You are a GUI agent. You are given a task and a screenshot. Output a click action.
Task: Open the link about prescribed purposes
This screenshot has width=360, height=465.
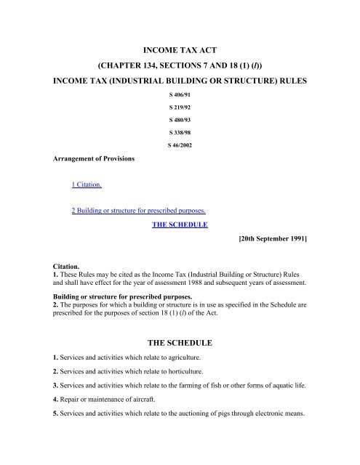[x=137, y=212]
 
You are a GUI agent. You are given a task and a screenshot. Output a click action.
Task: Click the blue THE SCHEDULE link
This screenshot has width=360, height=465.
[x=180, y=225]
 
